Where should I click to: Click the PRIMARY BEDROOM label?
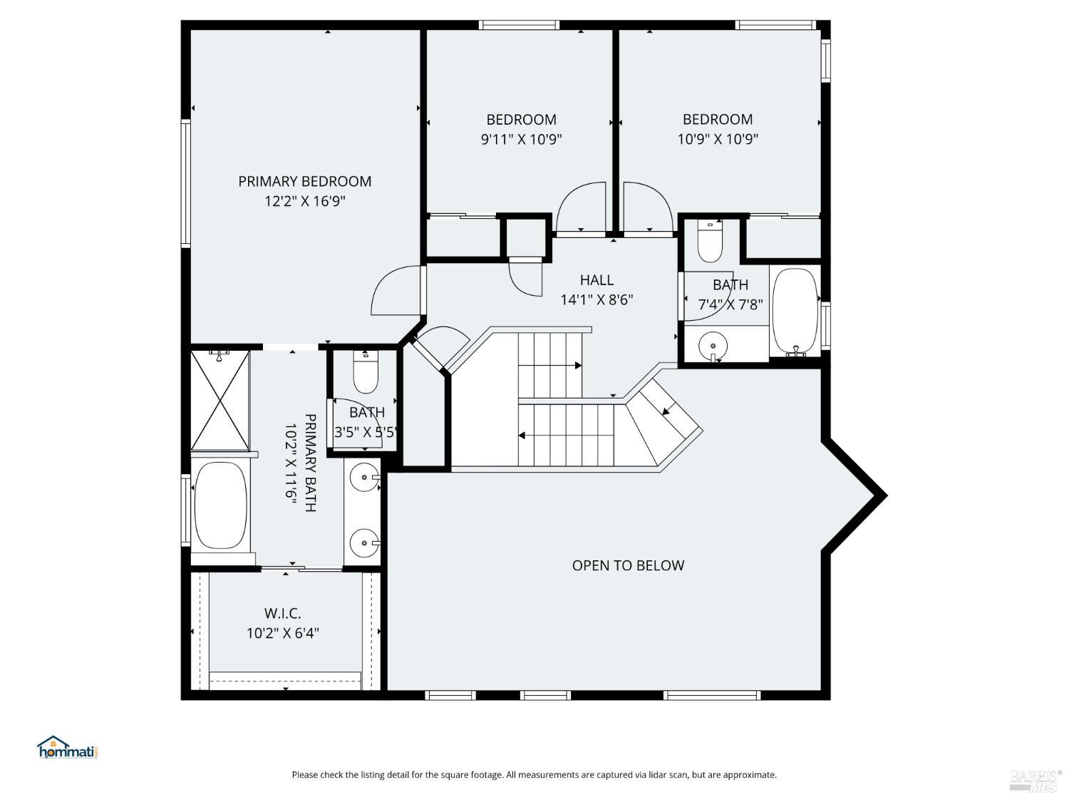click(x=304, y=181)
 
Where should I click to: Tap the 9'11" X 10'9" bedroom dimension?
click(x=521, y=139)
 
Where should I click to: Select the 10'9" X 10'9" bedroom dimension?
click(x=717, y=139)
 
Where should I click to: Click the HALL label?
click(x=597, y=280)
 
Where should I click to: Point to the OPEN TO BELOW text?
click(x=628, y=565)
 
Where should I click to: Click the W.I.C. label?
click(x=282, y=613)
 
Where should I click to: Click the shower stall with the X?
click(x=220, y=400)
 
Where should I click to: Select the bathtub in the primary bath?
click(x=220, y=505)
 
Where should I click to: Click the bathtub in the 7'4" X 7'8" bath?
click(x=795, y=311)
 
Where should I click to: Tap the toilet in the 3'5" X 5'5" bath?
click(x=366, y=374)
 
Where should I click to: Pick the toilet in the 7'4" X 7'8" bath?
click(x=710, y=242)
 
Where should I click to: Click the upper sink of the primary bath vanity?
click(x=366, y=477)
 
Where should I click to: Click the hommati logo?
click(x=66, y=748)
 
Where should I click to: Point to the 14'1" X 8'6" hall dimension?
click(x=597, y=300)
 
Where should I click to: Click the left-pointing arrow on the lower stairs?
click(x=522, y=435)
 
